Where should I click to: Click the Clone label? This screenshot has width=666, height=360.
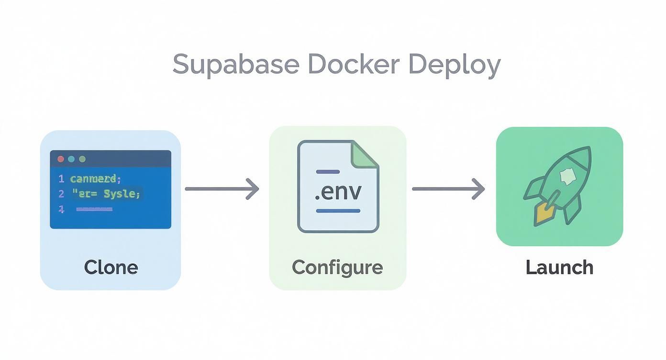point(111,267)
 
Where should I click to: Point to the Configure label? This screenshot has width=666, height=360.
point(337,267)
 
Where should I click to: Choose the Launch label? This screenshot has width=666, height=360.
point(559,267)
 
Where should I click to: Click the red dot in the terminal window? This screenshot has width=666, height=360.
point(61,159)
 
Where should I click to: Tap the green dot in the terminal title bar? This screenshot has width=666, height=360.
point(82,159)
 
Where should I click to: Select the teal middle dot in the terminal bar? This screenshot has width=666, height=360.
point(71,159)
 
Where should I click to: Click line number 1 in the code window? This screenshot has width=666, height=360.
point(61,179)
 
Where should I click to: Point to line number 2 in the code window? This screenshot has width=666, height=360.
point(61,194)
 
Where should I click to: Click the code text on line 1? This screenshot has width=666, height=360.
point(95,179)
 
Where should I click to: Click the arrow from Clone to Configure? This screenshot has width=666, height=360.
point(222,189)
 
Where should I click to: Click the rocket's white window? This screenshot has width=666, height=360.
point(567,178)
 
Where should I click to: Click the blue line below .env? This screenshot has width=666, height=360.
point(338,211)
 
